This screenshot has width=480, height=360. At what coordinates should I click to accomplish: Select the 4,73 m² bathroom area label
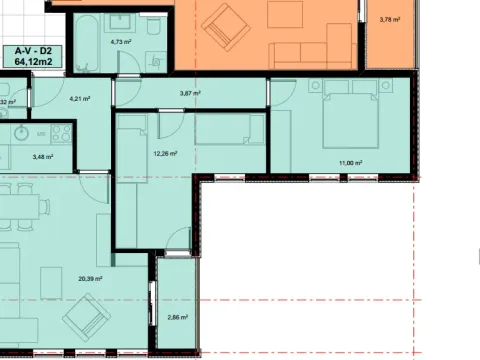122,42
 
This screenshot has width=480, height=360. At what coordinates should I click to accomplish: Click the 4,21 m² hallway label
79,98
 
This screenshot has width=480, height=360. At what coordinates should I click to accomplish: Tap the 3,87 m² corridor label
190,93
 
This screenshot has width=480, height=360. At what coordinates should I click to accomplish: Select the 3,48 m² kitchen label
43,156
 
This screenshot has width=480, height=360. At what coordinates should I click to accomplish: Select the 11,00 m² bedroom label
349,163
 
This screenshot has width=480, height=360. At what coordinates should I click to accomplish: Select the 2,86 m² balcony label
176,315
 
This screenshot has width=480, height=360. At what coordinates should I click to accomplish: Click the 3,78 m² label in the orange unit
389,19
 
